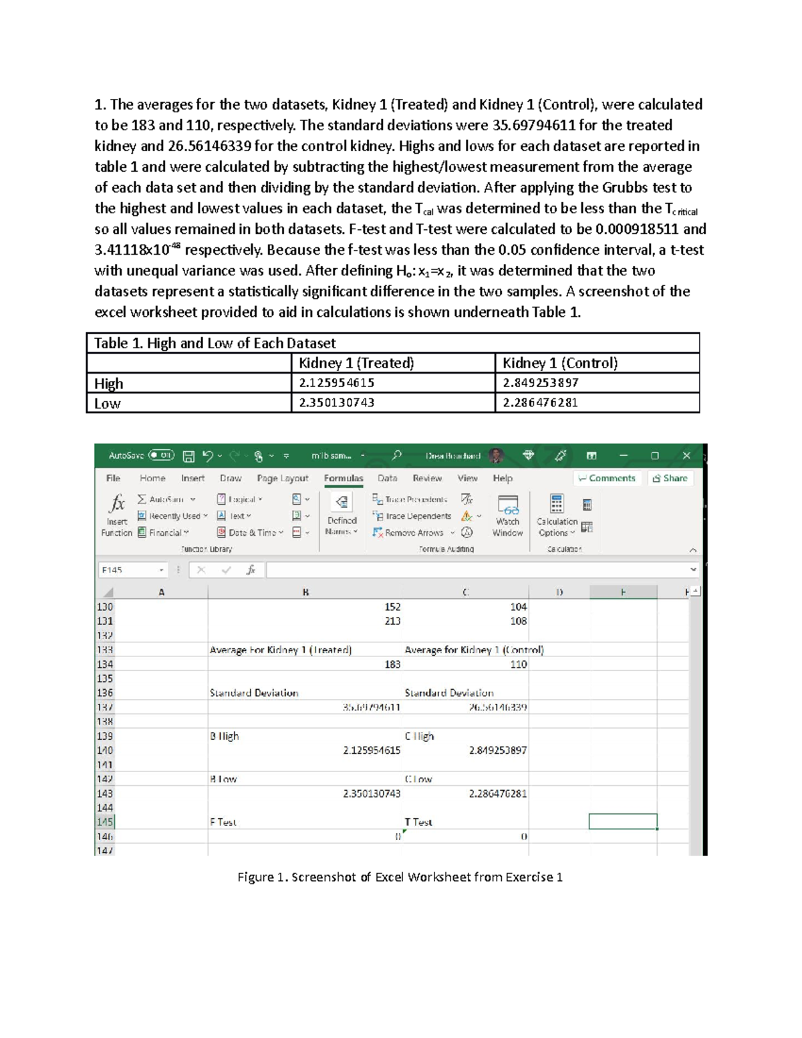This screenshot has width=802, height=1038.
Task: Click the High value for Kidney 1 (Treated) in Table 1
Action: pos(336,383)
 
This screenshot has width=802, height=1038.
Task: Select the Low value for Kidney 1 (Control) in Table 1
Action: pos(540,403)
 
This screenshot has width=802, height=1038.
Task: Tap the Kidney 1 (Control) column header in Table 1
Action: pos(560,363)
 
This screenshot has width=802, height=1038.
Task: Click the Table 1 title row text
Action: pos(215,343)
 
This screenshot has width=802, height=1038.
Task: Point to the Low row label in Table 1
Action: pos(108,404)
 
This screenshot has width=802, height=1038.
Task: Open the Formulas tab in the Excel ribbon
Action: pos(344,479)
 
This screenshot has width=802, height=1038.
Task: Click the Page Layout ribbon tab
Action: pos(282,479)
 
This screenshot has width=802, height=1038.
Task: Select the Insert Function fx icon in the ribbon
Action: pos(117,503)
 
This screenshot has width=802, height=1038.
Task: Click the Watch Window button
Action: pos(507,516)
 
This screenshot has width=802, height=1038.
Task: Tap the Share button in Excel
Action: pos(670,479)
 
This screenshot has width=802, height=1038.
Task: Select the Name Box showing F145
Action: pos(130,570)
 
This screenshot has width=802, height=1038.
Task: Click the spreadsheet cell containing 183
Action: pos(392,664)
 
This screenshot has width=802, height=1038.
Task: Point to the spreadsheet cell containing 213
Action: pos(392,621)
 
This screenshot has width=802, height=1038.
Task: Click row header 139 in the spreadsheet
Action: pos(105,736)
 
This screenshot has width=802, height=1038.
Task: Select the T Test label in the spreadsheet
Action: pos(418,822)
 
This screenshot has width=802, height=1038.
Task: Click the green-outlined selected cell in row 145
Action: pos(622,821)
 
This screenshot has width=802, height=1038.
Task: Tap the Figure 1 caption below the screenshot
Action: pos(400,877)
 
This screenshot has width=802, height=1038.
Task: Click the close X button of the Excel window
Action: pos(686,456)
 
